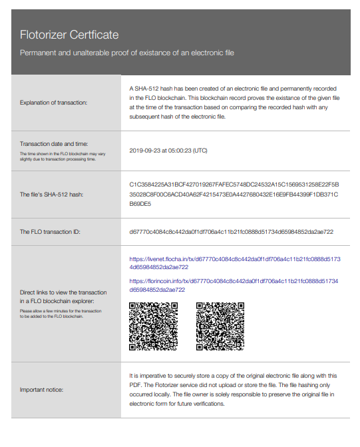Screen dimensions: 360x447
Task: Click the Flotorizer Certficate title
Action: pos(69,34)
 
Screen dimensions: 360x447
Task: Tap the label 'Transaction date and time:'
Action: pos(53,143)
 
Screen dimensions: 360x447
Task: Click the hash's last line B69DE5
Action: pos(140,205)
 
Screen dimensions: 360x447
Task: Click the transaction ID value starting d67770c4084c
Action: pos(231,232)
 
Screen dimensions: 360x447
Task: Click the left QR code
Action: pos(153,326)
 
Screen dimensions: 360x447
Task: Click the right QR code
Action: pos(220,326)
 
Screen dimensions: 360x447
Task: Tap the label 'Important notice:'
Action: pos(43,389)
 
